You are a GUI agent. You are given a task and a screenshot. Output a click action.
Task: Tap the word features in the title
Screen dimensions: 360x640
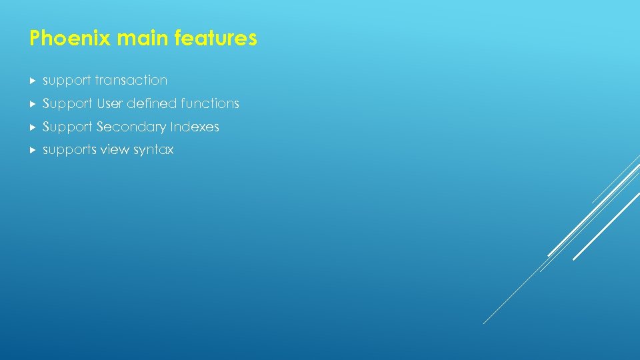pyautogui.click(x=215, y=39)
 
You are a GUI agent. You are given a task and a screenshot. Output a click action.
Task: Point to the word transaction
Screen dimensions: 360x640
pyautogui.click(x=131, y=80)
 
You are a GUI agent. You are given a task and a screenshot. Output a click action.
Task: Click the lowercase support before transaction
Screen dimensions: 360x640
pyautogui.click(x=67, y=81)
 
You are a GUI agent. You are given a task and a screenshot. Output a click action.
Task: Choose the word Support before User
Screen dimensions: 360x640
pyautogui.click(x=67, y=104)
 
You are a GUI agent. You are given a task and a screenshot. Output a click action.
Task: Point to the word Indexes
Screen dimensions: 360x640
pyautogui.click(x=195, y=127)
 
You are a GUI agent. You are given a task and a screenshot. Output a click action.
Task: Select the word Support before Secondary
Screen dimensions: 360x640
pyautogui.click(x=67, y=127)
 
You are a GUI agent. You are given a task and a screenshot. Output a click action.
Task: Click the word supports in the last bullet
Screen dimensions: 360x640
pyautogui.click(x=69, y=150)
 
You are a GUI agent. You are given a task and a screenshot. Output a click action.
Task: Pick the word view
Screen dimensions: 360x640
pyautogui.click(x=115, y=150)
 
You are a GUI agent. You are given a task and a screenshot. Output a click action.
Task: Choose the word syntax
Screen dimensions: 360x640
pyautogui.click(x=153, y=151)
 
